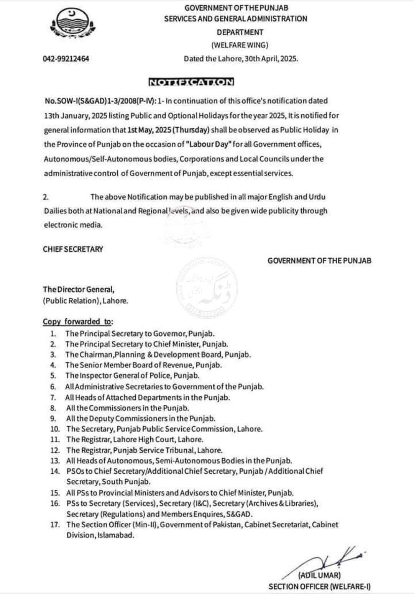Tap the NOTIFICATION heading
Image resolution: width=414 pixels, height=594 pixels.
(x=191, y=82)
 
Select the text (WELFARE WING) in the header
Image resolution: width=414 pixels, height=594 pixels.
(x=240, y=45)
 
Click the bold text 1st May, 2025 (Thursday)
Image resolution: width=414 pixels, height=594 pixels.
(x=168, y=130)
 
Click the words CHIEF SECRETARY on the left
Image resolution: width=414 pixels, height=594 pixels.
(x=73, y=249)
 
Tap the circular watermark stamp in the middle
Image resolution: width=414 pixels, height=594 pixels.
(x=207, y=287)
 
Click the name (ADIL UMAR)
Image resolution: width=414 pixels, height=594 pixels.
(x=319, y=575)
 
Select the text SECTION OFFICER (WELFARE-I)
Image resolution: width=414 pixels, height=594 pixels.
(x=319, y=586)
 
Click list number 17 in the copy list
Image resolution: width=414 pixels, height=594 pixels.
(x=55, y=525)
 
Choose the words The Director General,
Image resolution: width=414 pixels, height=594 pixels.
(x=78, y=290)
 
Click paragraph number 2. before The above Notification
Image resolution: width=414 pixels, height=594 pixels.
(x=46, y=197)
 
